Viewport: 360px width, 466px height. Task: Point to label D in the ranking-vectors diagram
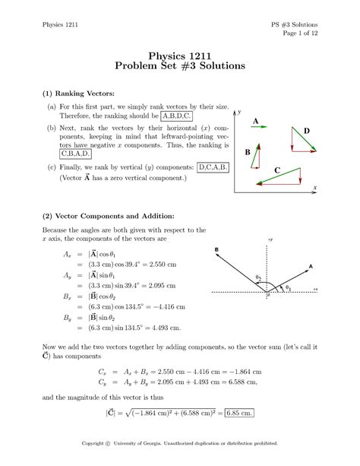point(307,132)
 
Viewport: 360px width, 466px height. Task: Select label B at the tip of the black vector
point(216,249)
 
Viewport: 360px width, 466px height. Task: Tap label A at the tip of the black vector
point(311,266)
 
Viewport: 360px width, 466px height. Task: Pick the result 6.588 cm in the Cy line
point(240,383)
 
